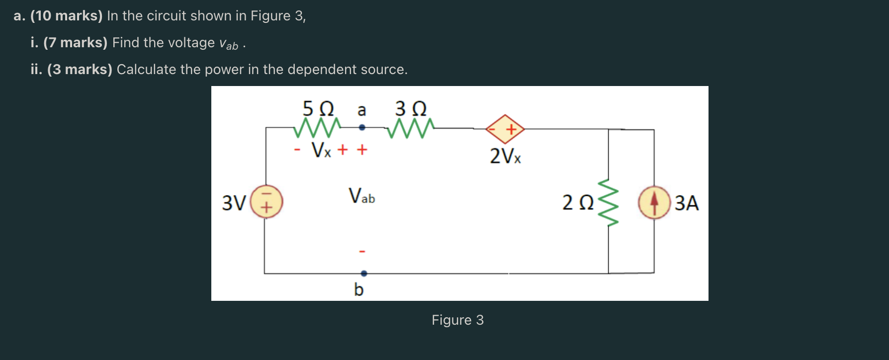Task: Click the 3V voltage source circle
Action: coord(267,202)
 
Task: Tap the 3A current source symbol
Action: coord(654,202)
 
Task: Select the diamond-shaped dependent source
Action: coord(505,129)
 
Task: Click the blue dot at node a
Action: coord(362,128)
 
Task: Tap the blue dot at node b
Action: coord(364,273)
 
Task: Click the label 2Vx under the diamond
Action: coord(505,156)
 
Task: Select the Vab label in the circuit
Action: coord(361,196)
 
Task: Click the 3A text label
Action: coord(687,203)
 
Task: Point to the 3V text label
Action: coord(234,203)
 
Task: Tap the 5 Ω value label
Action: coord(318,108)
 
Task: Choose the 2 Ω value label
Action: coord(578,203)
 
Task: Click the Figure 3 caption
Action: coord(457,320)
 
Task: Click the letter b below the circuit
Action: coord(358,289)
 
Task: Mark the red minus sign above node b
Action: coord(362,252)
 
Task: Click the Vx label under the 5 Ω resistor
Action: coord(321,149)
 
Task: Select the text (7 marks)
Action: coord(75,43)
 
